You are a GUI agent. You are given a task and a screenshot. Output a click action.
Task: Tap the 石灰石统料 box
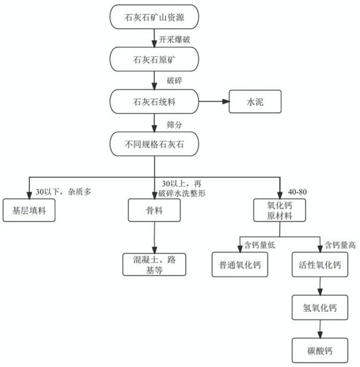pyautogui.click(x=154, y=101)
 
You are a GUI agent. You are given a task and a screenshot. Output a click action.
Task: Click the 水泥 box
pyautogui.click(x=254, y=101)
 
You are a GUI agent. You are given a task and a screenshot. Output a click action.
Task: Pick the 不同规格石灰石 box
pyautogui.click(x=154, y=144)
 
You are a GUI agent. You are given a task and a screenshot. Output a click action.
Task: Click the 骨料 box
pyautogui.click(x=154, y=210)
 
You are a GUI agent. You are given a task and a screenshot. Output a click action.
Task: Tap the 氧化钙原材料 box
pyautogui.click(x=280, y=210)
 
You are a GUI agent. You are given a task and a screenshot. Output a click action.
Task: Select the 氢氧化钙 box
pyautogui.click(x=320, y=308)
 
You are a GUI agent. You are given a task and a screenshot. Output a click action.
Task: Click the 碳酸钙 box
pyautogui.click(x=320, y=351)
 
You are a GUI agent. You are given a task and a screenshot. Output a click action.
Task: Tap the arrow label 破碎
pyautogui.click(x=173, y=80)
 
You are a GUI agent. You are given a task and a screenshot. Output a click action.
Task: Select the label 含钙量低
pyautogui.click(x=259, y=245)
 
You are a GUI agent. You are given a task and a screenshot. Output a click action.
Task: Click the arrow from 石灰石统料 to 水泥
pyautogui.click(x=213, y=101)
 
